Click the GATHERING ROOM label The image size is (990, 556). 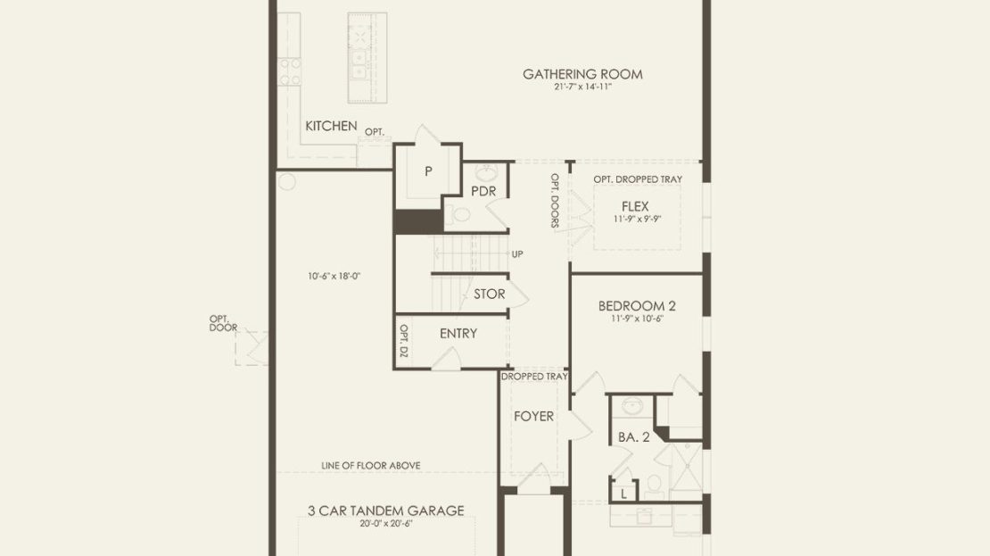pos(582,74)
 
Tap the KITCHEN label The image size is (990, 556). pos(331,126)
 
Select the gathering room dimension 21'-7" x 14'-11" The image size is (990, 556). pos(582,87)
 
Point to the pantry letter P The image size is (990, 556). pos(428,170)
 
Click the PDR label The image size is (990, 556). pos(483,191)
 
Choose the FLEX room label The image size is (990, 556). pos(634,206)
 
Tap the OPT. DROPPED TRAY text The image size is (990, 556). pos(638,178)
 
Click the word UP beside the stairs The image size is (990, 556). pos(517,254)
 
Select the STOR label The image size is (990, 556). pos(490,294)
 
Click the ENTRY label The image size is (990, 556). pos(458,333)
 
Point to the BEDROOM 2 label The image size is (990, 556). pos(637,306)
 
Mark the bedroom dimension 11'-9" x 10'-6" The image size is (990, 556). pos(637,319)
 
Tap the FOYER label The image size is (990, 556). pos(533,416)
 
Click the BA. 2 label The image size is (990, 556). pos(633,436)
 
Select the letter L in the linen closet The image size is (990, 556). pos(623,494)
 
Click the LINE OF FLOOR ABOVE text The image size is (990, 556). pos(371,465)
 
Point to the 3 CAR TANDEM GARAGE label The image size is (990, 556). pos(386,510)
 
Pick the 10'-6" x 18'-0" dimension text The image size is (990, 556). pos(334,276)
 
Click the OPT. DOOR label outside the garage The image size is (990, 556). pos(224,323)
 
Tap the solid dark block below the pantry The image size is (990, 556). pos(418,222)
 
